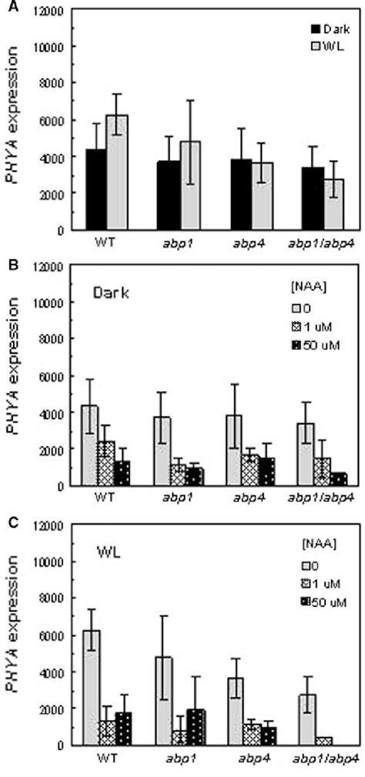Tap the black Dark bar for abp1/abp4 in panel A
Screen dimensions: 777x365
(292, 198)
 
